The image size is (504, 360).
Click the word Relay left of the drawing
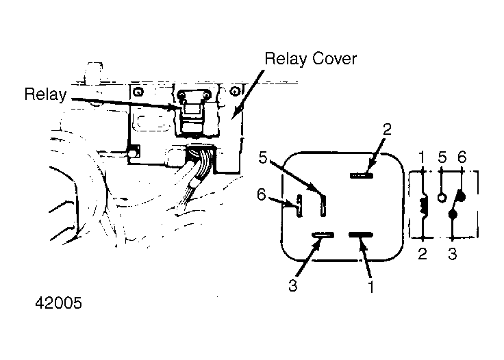46,94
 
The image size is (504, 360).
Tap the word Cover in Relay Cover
334,59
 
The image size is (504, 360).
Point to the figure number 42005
58,303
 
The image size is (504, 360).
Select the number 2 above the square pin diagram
387,129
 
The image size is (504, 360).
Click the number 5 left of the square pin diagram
263,157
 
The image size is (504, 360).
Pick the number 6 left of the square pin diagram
262,194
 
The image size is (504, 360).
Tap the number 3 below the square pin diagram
292,285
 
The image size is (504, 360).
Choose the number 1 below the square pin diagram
371,287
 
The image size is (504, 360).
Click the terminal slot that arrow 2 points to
362,175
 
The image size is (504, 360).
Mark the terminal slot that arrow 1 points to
361,235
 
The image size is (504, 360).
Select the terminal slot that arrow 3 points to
323,235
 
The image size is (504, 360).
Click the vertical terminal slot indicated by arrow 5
323,206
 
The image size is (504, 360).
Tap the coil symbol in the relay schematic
424,205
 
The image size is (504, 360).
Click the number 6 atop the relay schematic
462,157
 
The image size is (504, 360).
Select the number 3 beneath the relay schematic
452,254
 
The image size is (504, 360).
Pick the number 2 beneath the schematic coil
423,254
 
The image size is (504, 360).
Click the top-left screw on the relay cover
138,92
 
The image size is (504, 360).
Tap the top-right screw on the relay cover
236,92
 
